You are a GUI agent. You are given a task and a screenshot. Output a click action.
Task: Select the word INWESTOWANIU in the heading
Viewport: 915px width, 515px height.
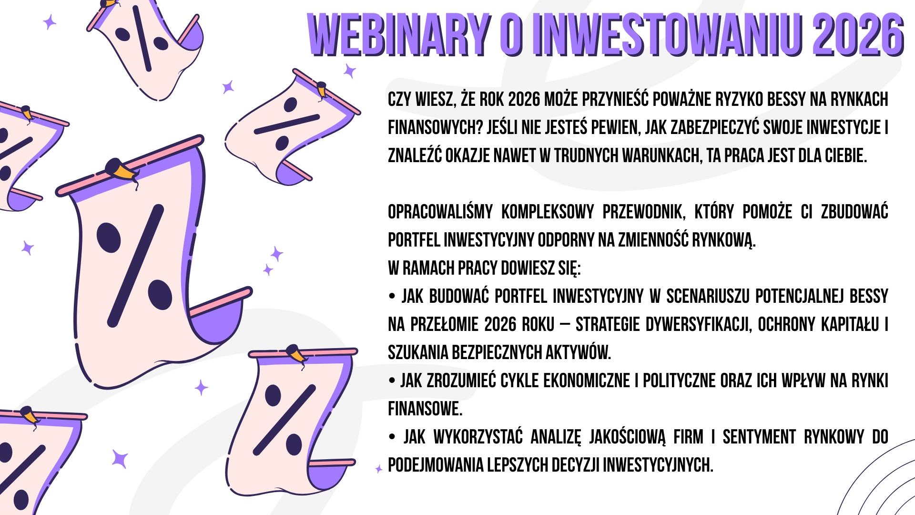tap(667, 35)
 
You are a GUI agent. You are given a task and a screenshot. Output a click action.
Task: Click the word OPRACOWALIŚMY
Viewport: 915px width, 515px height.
tap(440, 212)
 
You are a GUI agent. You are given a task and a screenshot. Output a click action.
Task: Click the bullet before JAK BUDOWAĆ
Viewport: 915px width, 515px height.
tap(392, 297)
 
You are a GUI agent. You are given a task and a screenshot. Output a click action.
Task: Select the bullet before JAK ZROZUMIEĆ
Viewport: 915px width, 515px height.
tap(392, 381)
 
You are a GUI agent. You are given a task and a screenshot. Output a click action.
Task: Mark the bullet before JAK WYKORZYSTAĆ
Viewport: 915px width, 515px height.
tap(392, 437)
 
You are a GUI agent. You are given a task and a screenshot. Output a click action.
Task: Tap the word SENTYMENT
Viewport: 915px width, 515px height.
tap(760, 437)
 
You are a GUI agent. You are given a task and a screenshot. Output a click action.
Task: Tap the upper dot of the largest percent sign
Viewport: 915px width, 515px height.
tap(109, 237)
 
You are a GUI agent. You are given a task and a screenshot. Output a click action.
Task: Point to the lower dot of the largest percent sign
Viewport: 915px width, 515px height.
tap(160, 295)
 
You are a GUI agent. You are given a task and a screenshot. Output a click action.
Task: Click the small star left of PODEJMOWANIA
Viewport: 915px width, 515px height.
tap(379, 469)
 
